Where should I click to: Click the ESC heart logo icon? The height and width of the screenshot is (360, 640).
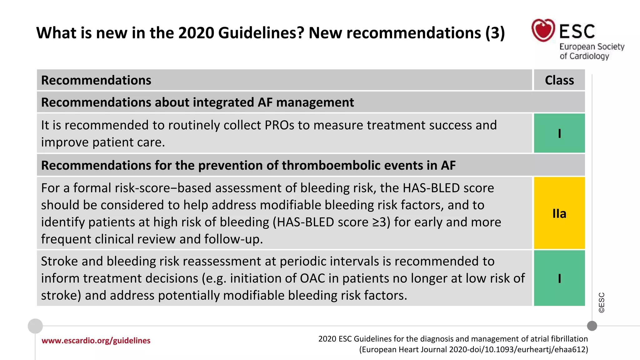(x=543, y=30)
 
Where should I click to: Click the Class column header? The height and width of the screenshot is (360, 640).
(x=559, y=80)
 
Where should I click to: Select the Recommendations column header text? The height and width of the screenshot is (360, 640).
(x=96, y=80)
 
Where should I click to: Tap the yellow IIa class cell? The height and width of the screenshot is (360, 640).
(x=559, y=213)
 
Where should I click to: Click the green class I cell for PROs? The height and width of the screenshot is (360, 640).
(x=559, y=133)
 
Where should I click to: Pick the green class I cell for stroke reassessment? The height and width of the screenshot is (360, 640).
(x=559, y=278)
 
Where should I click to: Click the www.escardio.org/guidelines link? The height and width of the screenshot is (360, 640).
(x=96, y=341)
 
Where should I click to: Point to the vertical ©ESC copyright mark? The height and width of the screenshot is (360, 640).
(x=602, y=302)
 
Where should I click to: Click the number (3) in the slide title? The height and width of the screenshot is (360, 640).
(x=495, y=33)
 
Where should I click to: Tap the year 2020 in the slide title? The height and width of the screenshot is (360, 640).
(x=196, y=33)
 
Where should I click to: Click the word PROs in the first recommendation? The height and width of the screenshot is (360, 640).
(x=279, y=125)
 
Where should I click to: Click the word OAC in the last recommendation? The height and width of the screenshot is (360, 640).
(x=312, y=278)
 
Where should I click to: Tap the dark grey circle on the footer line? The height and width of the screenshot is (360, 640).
(x=592, y=326)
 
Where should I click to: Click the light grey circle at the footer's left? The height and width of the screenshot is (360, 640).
(x=35, y=326)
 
